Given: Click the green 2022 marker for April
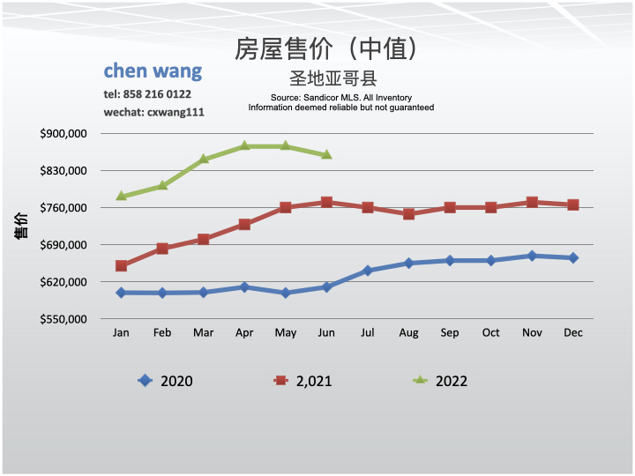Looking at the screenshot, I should [244, 146].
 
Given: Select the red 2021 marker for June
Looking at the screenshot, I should [326, 202].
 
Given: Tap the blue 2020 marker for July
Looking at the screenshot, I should [368, 271].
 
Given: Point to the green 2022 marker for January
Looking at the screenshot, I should [121, 196].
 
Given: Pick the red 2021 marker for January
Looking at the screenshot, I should [121, 265].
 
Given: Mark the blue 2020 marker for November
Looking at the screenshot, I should [532, 256].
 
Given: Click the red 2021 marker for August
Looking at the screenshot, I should [408, 213].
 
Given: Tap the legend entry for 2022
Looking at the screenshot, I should [440, 381].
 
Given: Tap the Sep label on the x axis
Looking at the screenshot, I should [450, 332].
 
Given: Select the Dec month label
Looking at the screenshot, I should [573, 332].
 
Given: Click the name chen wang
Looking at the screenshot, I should [153, 71].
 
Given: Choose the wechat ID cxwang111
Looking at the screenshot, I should [176, 112].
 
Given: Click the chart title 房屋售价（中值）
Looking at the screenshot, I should [325, 48].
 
